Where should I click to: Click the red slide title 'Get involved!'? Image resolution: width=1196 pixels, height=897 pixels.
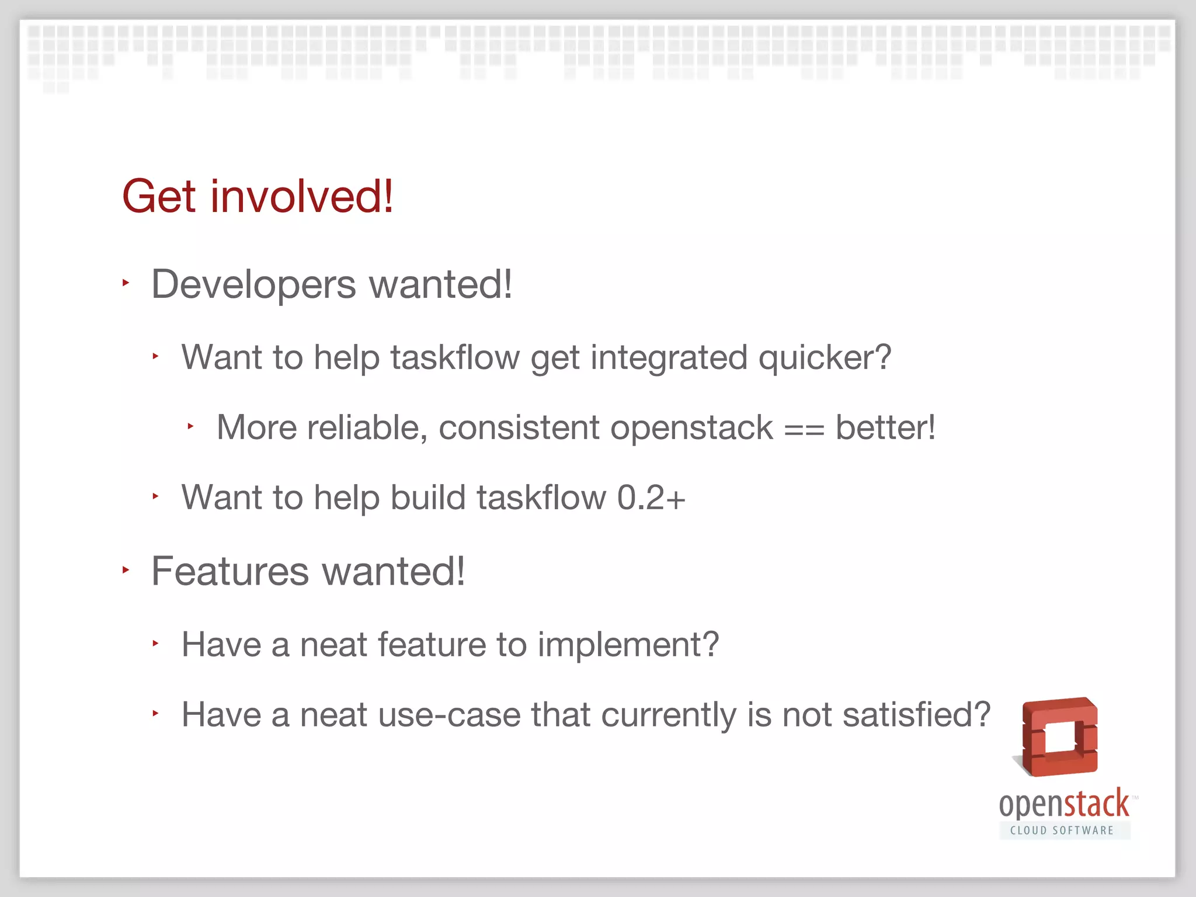click(x=258, y=196)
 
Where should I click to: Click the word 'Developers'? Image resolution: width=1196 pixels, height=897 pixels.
click(x=253, y=285)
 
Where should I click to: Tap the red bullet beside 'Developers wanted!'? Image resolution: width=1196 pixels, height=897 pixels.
click(x=126, y=283)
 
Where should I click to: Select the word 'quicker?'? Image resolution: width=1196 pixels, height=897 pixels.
click(x=825, y=357)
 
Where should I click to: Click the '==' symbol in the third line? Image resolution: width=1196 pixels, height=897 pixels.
click(x=804, y=429)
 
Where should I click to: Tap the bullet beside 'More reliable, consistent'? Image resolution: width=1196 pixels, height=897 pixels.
click(x=190, y=426)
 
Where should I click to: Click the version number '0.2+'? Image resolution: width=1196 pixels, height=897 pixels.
click(x=651, y=498)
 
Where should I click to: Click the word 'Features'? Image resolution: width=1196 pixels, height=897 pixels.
click(x=230, y=571)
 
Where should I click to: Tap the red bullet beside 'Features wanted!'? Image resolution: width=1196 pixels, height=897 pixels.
click(x=126, y=569)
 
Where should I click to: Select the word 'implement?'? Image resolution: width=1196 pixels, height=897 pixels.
click(x=628, y=645)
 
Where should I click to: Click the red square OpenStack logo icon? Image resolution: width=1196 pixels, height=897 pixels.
click(x=1059, y=737)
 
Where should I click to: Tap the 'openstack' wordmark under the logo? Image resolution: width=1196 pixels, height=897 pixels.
click(x=1064, y=805)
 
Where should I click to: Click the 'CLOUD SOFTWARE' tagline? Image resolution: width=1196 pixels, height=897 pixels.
click(x=1062, y=830)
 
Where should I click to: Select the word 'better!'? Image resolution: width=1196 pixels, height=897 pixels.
click(x=885, y=427)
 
